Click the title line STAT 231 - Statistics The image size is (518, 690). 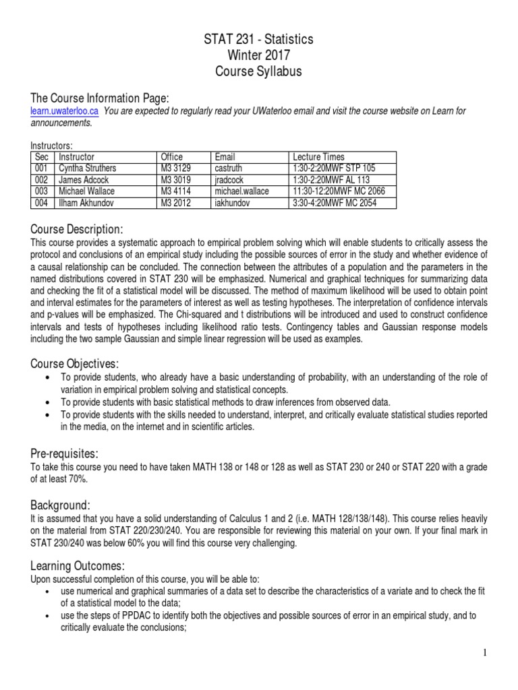[x=259, y=40]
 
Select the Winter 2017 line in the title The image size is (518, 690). [x=259, y=55]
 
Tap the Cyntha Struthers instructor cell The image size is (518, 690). [x=88, y=168]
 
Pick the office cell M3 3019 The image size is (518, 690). [x=176, y=179]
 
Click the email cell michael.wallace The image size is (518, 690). [x=241, y=191]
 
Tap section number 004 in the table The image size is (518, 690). [x=41, y=203]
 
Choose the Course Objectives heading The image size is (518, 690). [x=75, y=363]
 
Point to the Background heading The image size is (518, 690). [x=60, y=505]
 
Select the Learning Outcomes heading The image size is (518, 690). [x=78, y=565]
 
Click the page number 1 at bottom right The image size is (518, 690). [x=485, y=652]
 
